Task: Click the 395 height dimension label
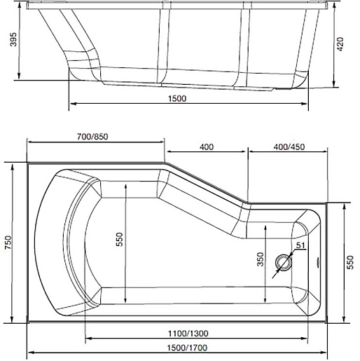point(13,39)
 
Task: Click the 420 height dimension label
point(340,44)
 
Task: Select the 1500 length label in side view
point(177,98)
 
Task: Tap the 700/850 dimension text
point(92,137)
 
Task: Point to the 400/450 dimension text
point(289,147)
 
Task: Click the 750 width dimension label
point(8,243)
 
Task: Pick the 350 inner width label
point(261,259)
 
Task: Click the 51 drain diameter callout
point(300,245)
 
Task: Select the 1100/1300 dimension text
point(188,333)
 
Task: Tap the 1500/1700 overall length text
point(187,348)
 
